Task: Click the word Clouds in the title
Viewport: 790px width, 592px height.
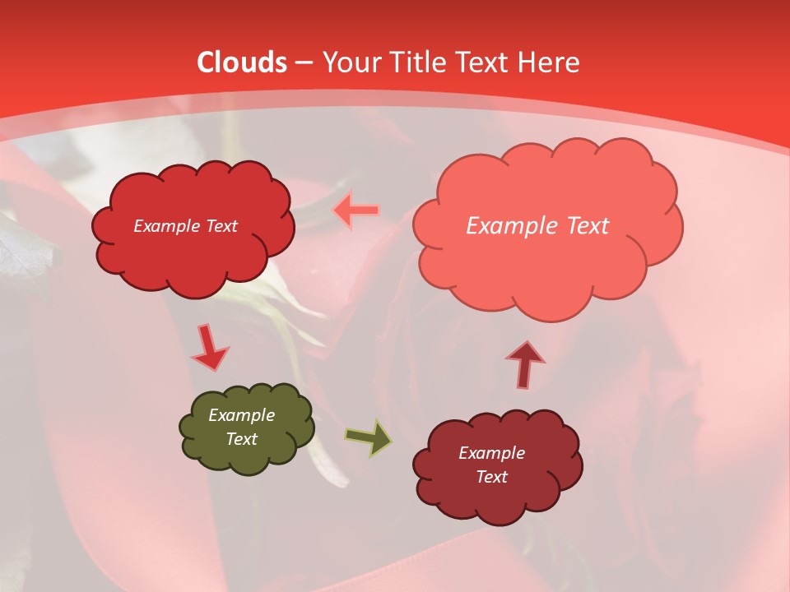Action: (242, 62)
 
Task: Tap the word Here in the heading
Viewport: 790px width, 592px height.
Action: (549, 62)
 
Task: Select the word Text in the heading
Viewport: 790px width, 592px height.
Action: (485, 62)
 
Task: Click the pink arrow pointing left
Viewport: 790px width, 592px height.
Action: (355, 210)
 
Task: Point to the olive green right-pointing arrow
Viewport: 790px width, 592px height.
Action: (368, 437)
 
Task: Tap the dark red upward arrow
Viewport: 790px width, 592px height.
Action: (524, 364)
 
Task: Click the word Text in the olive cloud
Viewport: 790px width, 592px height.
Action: (242, 439)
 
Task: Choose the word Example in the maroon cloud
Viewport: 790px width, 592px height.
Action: (491, 453)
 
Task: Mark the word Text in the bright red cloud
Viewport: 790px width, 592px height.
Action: (221, 226)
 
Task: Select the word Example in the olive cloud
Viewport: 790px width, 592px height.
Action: (242, 415)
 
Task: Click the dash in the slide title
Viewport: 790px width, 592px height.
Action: (304, 62)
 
